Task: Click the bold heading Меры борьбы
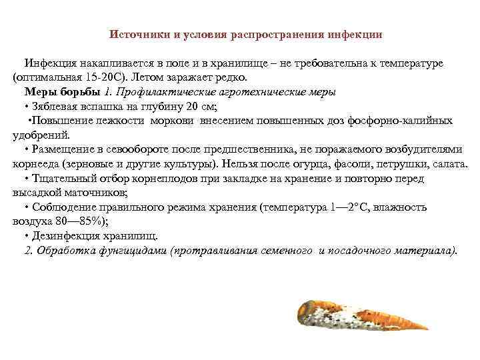click(x=63, y=91)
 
